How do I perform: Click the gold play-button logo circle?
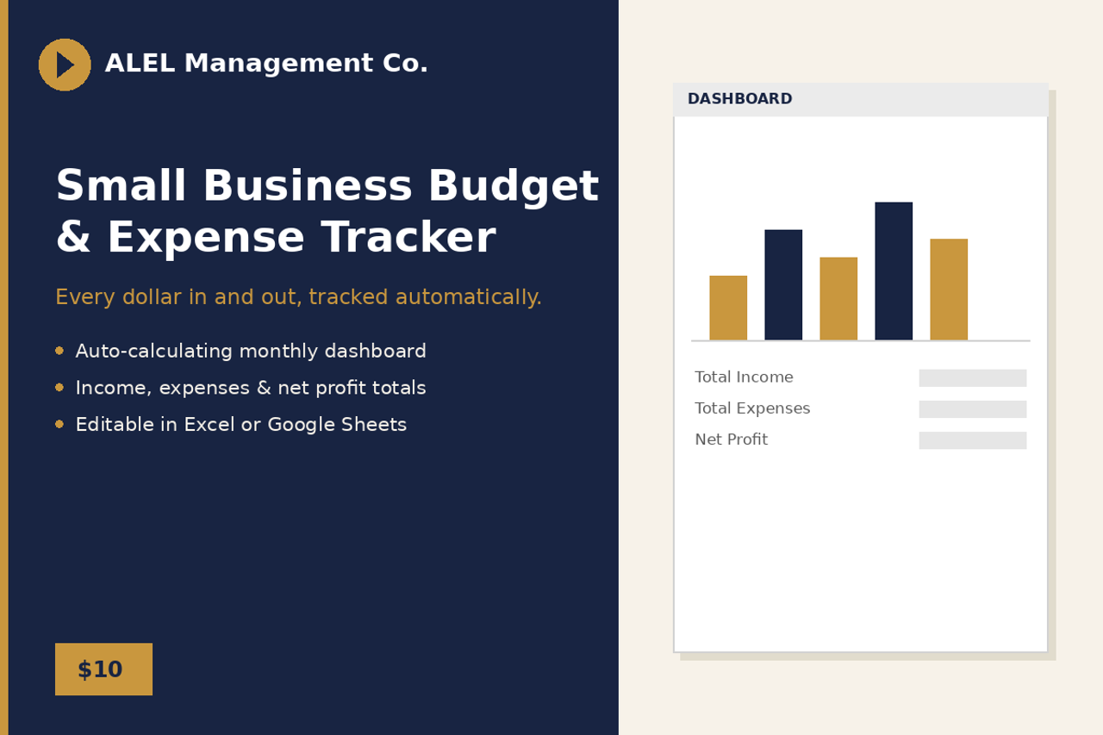[65, 65]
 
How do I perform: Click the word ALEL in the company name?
[140, 63]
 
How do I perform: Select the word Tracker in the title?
[408, 237]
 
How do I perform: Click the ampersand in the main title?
[73, 237]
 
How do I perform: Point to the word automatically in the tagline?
[468, 297]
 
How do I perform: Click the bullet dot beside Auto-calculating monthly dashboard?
[59, 351]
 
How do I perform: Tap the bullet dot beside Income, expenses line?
[59, 388]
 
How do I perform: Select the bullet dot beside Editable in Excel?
[59, 424]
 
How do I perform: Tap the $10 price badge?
[103, 669]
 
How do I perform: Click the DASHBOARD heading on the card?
[739, 98]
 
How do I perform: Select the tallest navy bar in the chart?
[894, 271]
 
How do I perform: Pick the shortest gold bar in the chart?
[728, 308]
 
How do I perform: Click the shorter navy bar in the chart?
[783, 284]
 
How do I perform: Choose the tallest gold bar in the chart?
[949, 290]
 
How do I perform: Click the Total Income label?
[744, 377]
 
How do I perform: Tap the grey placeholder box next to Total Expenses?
[973, 409]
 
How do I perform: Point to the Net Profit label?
[732, 439]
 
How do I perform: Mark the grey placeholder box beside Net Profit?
[973, 440]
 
